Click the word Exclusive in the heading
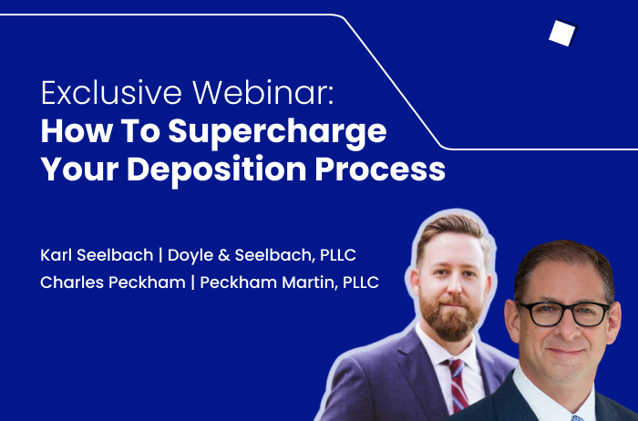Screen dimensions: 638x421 [x=111, y=93]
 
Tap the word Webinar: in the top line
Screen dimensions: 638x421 [x=263, y=93]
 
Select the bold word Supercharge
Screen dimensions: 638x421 [x=277, y=133]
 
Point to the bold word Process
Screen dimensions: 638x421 [x=380, y=169]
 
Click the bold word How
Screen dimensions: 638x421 [x=77, y=130]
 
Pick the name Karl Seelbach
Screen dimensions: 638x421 [x=97, y=255]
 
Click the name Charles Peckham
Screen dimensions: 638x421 [x=113, y=282]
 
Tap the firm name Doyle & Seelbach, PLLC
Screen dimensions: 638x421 [x=262, y=256]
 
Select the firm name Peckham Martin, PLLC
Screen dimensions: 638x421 [x=289, y=282]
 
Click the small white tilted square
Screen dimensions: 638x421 [x=563, y=33]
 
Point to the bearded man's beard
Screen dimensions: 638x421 [x=449, y=316]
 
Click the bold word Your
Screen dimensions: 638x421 [x=80, y=169]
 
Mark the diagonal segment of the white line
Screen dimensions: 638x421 [x=393, y=81]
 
